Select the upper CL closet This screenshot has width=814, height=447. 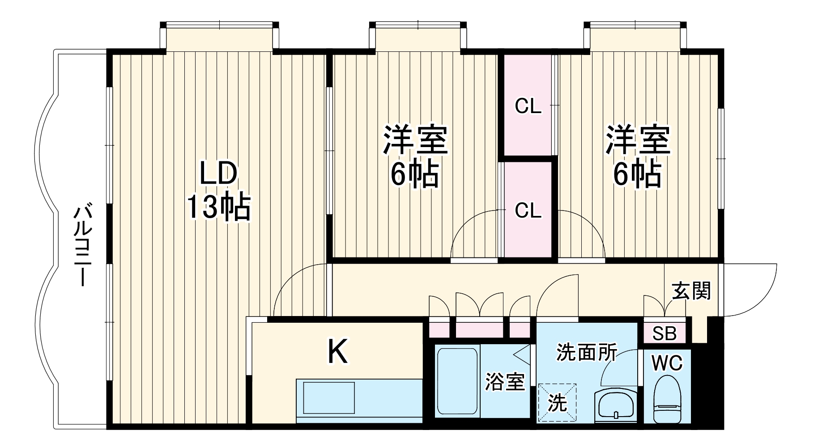[528, 106]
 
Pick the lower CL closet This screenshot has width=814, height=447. [528, 210]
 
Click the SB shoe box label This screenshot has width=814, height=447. [665, 333]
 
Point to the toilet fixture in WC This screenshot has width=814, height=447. [666, 398]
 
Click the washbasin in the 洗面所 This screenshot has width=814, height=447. [616, 404]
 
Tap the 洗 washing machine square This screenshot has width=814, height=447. [557, 402]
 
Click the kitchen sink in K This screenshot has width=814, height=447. [329, 397]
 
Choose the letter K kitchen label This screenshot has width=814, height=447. [337, 352]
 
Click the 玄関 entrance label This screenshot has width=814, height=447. [691, 291]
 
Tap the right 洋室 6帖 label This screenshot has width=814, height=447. [637, 156]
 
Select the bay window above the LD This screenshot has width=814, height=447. [219, 38]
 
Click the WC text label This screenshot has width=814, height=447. [667, 363]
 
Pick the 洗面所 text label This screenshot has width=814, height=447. [587, 353]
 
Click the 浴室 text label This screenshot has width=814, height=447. [505, 382]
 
